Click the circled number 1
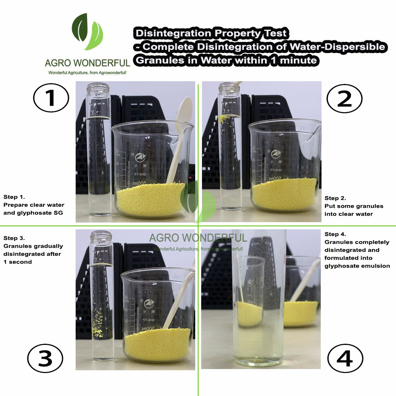tap(51, 98)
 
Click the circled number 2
tap(344, 99)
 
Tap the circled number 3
tap(45, 358)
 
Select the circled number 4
tap(345, 358)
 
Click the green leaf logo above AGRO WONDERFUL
tap(88, 32)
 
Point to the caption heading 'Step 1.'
tap(14, 197)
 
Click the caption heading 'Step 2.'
tap(335, 198)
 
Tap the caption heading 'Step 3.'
tap(14, 238)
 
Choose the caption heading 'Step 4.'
tap(335, 234)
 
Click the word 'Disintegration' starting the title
tap(173, 33)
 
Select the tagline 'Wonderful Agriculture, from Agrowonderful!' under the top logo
tap(88, 73)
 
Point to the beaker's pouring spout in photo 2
tap(313, 133)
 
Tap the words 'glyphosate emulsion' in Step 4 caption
tap(357, 266)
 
